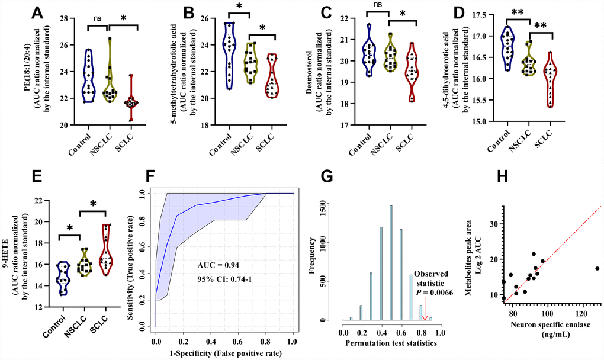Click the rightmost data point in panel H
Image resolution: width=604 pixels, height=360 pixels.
(x=597, y=268)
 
